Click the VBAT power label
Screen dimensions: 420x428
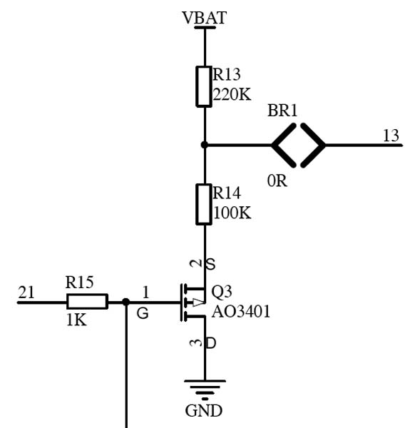(x=204, y=18)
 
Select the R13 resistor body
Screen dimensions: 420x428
(x=204, y=86)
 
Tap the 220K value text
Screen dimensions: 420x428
(x=232, y=94)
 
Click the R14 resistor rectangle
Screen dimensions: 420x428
(x=204, y=205)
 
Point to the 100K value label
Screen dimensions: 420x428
(x=232, y=213)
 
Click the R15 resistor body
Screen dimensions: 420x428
(x=87, y=302)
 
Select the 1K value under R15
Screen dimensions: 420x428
(x=76, y=320)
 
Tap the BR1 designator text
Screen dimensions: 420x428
(x=282, y=111)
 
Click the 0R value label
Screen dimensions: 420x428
(x=277, y=180)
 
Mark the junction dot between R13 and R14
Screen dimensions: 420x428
(x=204, y=145)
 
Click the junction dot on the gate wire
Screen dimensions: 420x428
(x=126, y=302)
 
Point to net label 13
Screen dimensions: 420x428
(x=391, y=136)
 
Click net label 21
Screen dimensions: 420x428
(x=26, y=292)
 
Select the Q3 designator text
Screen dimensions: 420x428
(x=222, y=292)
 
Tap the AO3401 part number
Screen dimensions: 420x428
(x=241, y=312)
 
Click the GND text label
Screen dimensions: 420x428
(x=204, y=411)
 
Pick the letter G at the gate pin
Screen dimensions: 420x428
(x=143, y=313)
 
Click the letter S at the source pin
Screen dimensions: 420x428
(x=210, y=264)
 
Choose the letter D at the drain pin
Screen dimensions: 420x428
(x=210, y=343)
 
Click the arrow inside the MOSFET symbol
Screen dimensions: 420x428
(x=199, y=302)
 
